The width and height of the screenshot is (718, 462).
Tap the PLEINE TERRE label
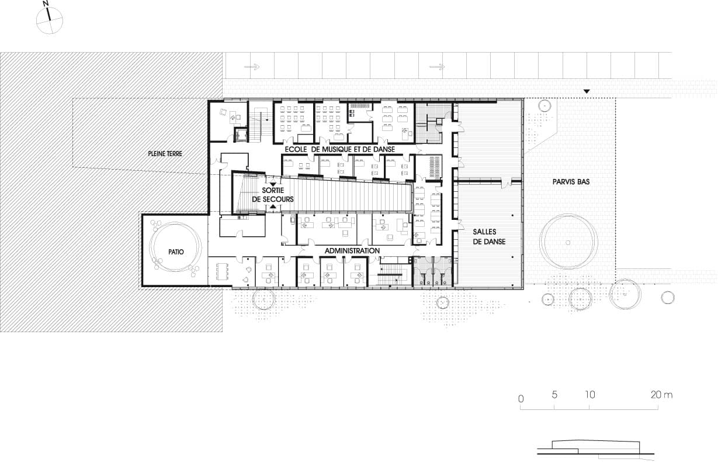165,154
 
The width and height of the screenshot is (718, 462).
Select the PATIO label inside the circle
176,252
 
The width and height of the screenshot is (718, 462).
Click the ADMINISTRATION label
352,251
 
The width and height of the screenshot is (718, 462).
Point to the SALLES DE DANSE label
489,237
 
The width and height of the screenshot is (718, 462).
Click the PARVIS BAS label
571,182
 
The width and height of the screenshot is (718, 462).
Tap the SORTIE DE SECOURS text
273,195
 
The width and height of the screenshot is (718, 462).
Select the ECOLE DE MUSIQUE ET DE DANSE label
340,149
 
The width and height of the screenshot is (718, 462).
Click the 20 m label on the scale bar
661,395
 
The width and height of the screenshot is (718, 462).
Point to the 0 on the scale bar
521,399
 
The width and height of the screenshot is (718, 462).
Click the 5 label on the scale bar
554,395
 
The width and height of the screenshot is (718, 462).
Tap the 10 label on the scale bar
590,395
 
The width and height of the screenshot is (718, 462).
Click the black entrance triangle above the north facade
587,92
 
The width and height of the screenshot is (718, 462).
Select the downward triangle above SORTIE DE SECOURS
273,184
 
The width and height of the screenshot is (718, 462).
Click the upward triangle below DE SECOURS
273,207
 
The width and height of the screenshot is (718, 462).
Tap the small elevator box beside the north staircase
240,135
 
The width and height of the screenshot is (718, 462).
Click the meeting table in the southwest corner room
223,272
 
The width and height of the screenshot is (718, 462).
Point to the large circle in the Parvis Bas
568,243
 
